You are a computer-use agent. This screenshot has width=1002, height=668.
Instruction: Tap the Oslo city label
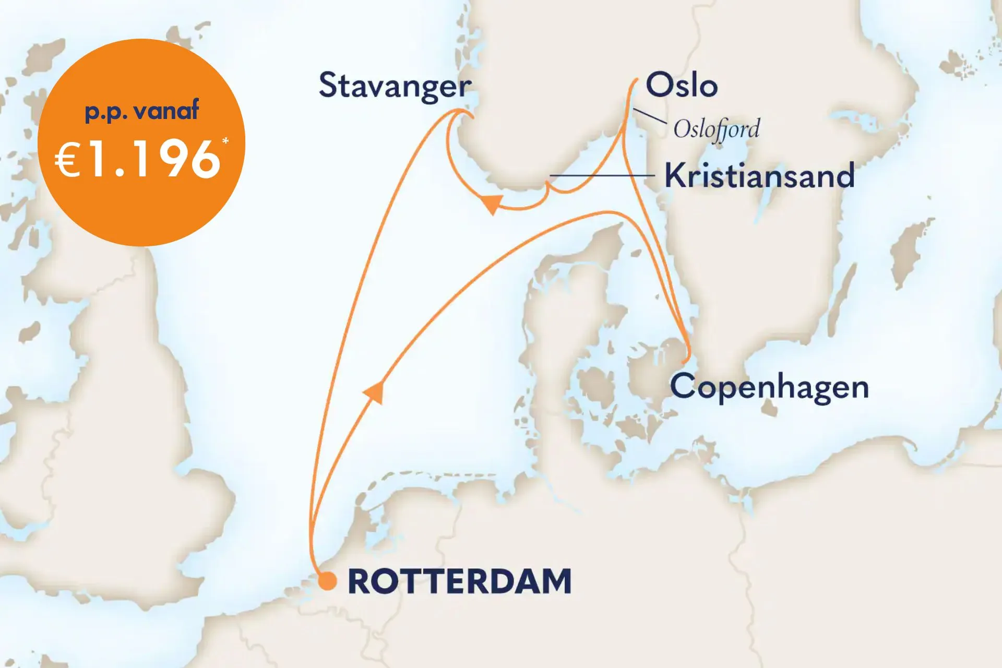click(682, 85)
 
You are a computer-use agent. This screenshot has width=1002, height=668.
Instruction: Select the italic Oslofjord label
click(716, 129)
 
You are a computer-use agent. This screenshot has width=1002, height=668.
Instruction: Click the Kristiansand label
click(759, 176)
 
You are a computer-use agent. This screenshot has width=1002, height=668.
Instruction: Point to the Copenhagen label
click(769, 387)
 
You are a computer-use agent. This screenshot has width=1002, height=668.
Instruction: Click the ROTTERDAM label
click(459, 581)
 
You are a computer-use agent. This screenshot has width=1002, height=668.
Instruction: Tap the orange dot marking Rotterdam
click(327, 581)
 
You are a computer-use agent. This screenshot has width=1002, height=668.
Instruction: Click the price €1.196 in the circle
click(138, 160)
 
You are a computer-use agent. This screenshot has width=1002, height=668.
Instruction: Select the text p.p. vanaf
click(141, 111)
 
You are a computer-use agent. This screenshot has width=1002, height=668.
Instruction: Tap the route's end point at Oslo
click(636, 80)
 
